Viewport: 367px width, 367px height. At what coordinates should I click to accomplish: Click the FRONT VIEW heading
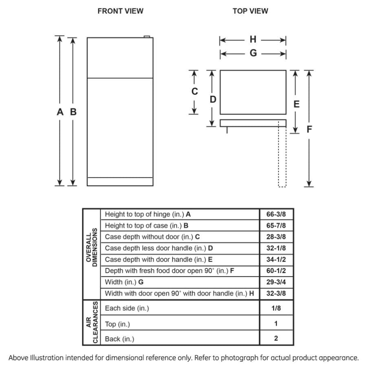click(120, 11)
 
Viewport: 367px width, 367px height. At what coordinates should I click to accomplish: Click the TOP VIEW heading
click(250, 11)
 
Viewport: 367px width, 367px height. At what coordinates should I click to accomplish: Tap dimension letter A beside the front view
click(60, 112)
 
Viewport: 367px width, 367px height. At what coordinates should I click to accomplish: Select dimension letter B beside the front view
click(73, 112)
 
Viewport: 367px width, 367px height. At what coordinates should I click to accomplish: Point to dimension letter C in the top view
click(195, 92)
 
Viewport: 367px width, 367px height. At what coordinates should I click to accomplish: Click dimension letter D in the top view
click(213, 99)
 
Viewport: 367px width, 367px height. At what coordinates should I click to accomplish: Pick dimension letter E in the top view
click(296, 104)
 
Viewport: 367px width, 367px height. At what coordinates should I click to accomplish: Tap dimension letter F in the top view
click(310, 130)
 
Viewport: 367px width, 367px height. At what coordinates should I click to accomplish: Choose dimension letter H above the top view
click(253, 40)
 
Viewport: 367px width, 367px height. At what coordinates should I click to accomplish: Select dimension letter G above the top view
click(253, 53)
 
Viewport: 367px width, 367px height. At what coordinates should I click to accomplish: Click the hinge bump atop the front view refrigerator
click(148, 37)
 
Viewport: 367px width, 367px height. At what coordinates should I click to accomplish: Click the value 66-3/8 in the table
click(276, 214)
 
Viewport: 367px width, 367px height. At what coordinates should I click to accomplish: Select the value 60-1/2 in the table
click(276, 271)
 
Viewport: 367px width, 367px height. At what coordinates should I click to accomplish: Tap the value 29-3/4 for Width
click(276, 282)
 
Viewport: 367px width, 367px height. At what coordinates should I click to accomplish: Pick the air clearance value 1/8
click(276, 308)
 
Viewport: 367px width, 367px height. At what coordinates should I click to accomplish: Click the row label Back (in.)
click(119, 339)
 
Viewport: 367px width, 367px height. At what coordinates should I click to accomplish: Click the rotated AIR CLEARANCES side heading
click(91, 323)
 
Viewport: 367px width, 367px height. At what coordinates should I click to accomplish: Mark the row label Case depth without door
click(152, 237)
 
